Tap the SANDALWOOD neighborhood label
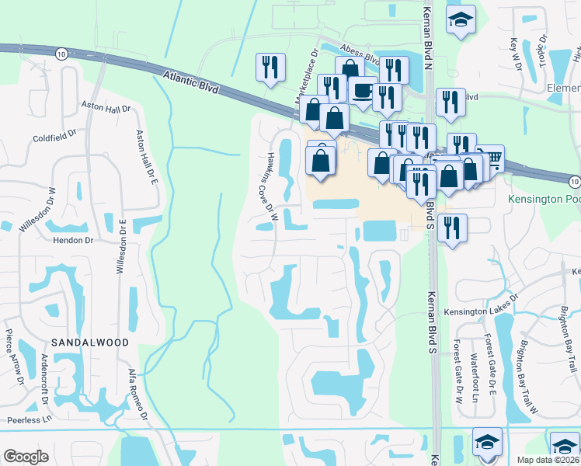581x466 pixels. (x=85, y=342)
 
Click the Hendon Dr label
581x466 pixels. (x=72, y=241)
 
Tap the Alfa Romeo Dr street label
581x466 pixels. (x=137, y=395)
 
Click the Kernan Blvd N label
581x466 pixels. (x=426, y=34)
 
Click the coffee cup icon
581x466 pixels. (x=362, y=90)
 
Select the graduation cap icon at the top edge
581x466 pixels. (x=461, y=19)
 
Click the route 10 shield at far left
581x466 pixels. (x=61, y=53)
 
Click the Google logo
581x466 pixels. (x=26, y=457)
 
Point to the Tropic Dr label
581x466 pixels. (x=542, y=51)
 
